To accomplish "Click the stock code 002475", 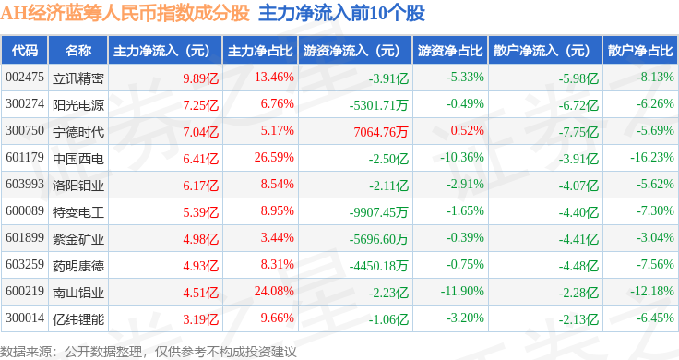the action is (25, 78).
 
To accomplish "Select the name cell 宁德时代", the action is (78, 132).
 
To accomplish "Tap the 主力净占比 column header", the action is (260, 51).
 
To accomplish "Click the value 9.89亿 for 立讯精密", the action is (200, 78).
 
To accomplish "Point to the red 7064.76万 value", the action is (381, 132).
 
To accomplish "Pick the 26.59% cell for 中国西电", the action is (274, 157).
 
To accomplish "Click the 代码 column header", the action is (25, 51).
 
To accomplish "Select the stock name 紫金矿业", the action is (78, 239).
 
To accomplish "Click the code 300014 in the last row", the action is (25, 318).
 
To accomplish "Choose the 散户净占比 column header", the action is (640, 51).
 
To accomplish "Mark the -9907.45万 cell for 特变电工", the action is (378, 212).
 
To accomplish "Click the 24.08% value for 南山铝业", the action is (274, 291).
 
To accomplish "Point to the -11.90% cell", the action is (462, 291).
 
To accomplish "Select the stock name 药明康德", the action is (78, 266).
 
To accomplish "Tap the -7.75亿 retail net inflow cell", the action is (578, 132).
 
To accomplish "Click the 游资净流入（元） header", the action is (351, 51).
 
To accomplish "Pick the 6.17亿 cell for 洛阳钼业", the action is (200, 186).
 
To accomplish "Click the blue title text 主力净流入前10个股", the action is (341, 14).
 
